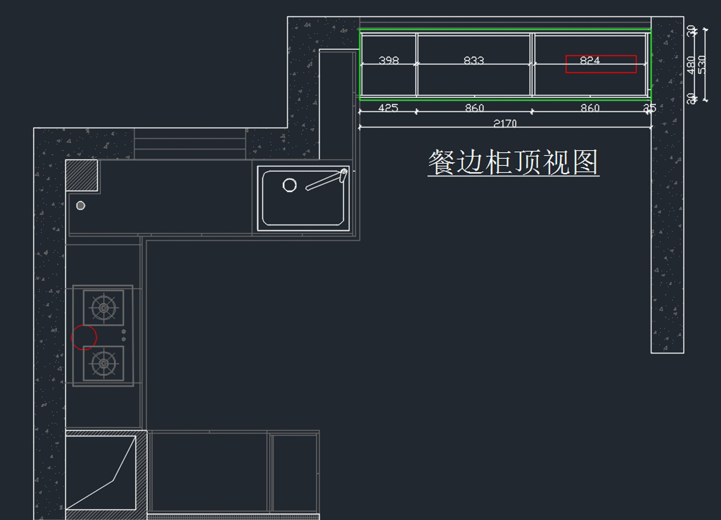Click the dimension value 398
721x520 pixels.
tap(389, 60)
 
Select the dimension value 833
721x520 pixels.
tap(474, 60)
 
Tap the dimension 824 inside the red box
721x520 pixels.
tap(590, 60)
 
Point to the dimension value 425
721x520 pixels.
tap(388, 108)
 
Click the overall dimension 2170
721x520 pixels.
tap(505, 124)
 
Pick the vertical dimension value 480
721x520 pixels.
tap(691, 64)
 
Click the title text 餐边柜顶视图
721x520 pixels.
tap(513, 162)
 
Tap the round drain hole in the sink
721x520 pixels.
tap(290, 185)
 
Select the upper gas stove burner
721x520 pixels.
tap(104, 308)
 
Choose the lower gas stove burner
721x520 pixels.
tap(104, 363)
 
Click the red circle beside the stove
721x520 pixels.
tap(84, 337)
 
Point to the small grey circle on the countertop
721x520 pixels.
tap(81, 205)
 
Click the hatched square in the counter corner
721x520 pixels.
tap(81, 175)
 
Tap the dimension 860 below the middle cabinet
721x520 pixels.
tap(474, 108)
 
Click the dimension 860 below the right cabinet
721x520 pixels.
tap(590, 108)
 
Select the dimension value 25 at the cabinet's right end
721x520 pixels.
tap(650, 108)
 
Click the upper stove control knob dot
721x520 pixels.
tap(124, 331)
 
